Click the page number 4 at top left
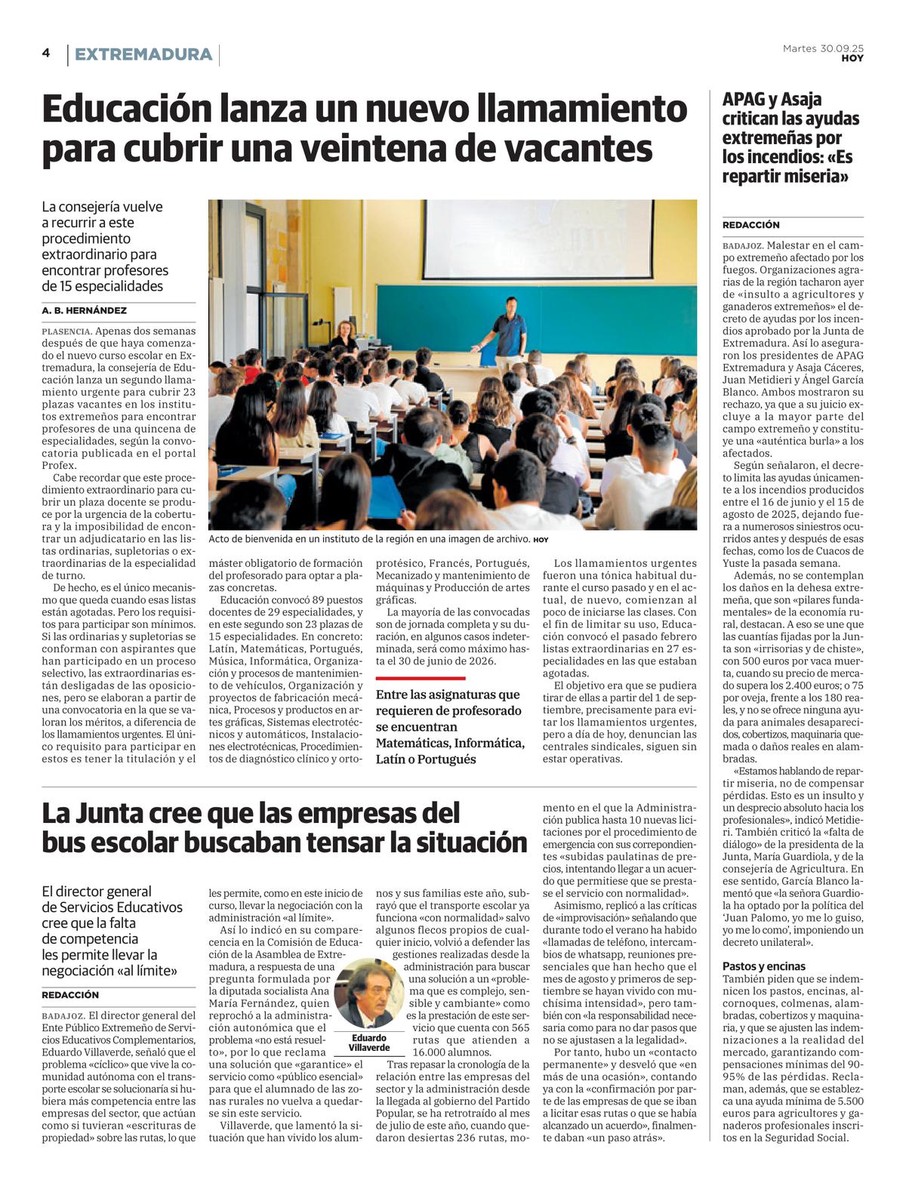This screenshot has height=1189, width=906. pyautogui.click(x=46, y=53)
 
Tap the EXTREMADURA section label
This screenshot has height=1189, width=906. pyautogui.click(x=143, y=54)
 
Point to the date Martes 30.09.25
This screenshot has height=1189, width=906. pyautogui.click(x=823, y=48)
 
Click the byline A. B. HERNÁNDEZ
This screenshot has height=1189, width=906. pyautogui.click(x=85, y=310)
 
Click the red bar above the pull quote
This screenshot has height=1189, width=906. pyautogui.click(x=421, y=679)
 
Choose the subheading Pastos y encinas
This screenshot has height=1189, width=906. pyautogui.click(x=764, y=966)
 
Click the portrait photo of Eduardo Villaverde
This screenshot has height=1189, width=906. pyautogui.click(x=369, y=993)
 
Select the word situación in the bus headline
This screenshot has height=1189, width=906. pyautogui.click(x=461, y=842)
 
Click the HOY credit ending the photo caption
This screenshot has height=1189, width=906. pyautogui.click(x=541, y=540)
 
